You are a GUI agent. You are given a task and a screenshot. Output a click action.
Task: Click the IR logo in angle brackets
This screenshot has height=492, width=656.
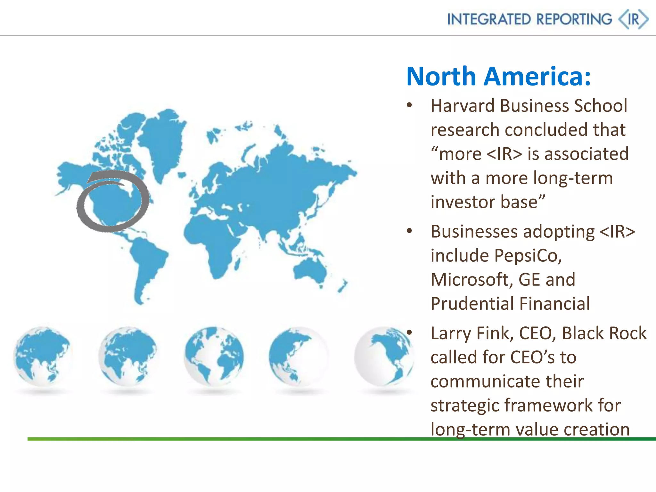pyautogui.click(x=633, y=20)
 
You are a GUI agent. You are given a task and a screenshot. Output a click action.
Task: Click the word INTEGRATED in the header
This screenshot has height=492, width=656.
pyautogui.click(x=489, y=20)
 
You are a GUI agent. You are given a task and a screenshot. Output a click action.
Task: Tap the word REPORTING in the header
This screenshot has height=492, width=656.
pyautogui.click(x=574, y=20)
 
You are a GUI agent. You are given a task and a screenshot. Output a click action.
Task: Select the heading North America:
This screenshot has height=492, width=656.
pyautogui.click(x=498, y=77)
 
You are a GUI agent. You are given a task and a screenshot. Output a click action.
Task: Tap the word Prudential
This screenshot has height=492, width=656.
pyautogui.click(x=472, y=304)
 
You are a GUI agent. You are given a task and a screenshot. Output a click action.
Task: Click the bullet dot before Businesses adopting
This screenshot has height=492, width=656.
pyautogui.click(x=409, y=231)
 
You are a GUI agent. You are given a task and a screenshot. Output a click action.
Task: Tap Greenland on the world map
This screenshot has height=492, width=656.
pyautogui.click(x=163, y=141)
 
